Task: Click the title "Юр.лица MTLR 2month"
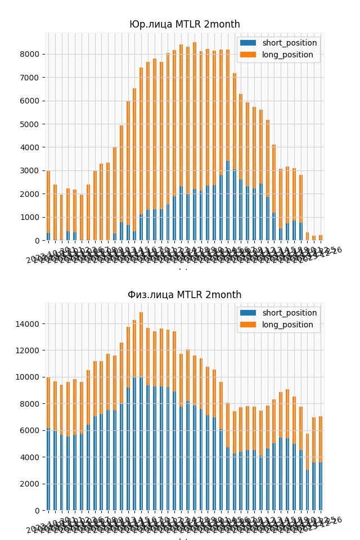(184, 24)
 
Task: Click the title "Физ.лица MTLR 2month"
(184, 295)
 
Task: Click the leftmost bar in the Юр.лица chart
(48, 205)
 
